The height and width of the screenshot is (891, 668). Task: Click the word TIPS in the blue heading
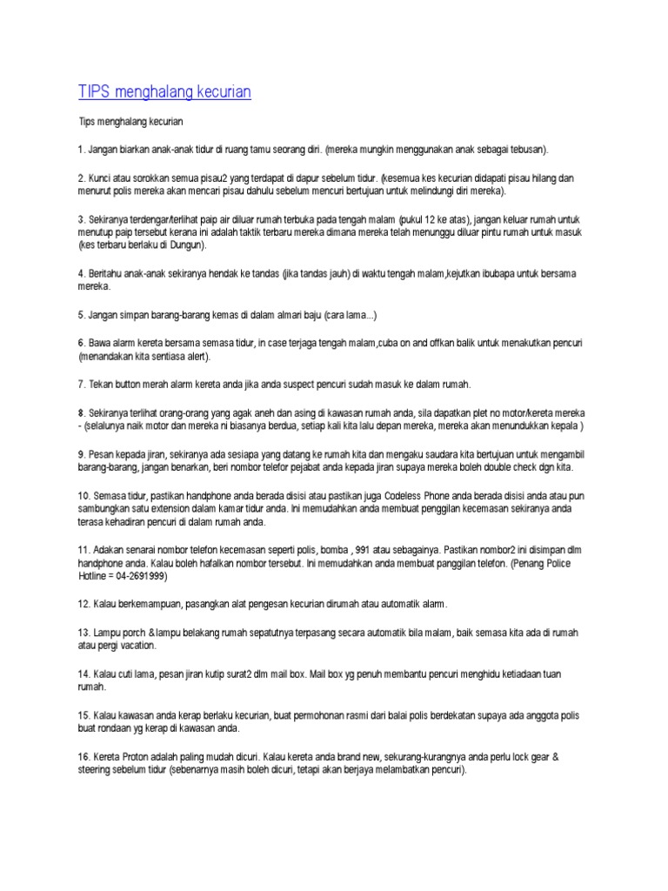click(x=95, y=91)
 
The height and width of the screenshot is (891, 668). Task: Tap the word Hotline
click(x=92, y=576)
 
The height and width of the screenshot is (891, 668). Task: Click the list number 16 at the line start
click(x=83, y=757)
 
